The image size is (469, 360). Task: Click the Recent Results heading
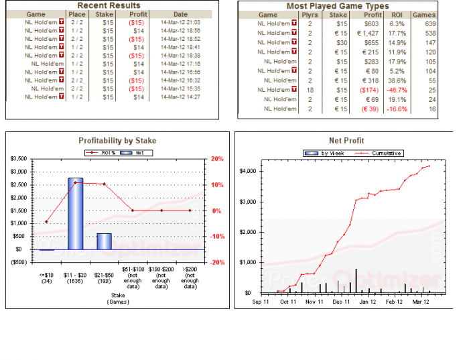click(109, 5)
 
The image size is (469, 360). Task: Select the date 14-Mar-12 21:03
click(180, 22)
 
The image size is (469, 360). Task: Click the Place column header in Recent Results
click(77, 14)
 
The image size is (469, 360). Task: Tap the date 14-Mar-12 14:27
click(180, 97)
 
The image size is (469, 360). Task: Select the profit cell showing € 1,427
click(368, 33)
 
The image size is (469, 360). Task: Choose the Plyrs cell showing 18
click(310, 89)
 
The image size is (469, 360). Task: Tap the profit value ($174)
click(369, 89)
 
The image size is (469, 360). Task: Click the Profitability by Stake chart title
click(117, 140)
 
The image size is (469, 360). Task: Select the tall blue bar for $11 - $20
click(75, 214)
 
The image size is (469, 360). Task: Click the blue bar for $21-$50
click(104, 241)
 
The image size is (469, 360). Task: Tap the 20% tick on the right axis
click(217, 159)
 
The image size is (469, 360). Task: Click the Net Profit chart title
click(346, 141)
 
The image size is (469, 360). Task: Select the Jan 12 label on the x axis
click(367, 302)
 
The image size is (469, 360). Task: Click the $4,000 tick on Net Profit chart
click(247, 171)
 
